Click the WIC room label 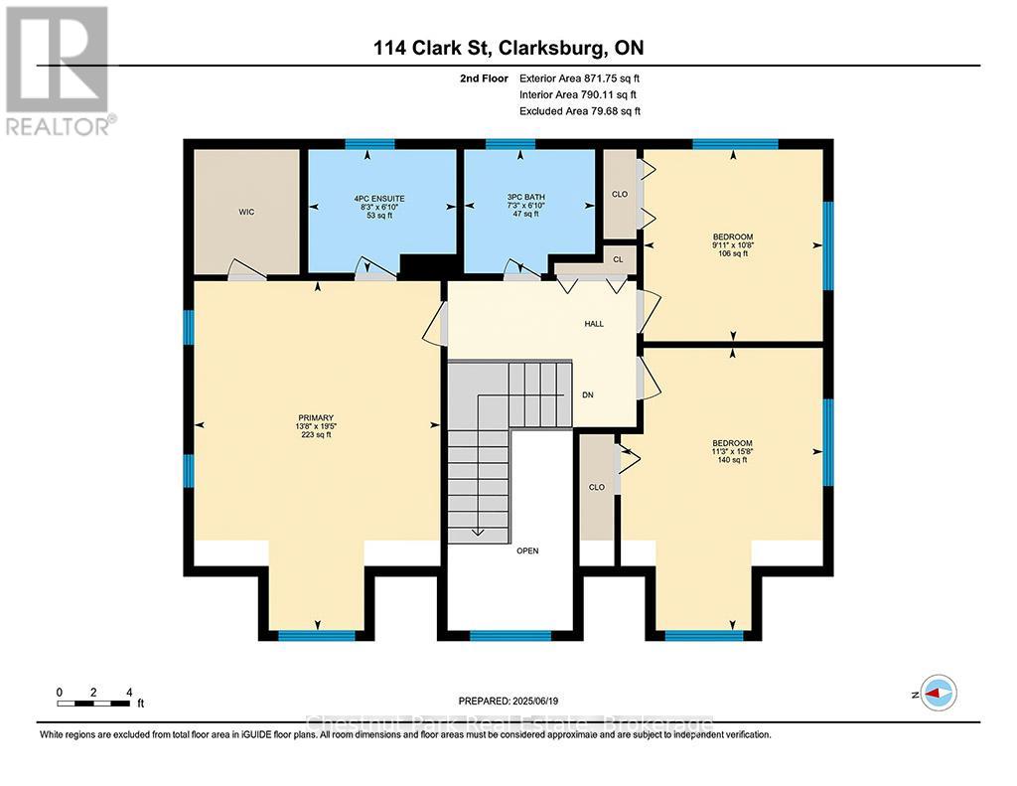pyautogui.click(x=246, y=213)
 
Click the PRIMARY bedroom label pyautogui.click(x=316, y=417)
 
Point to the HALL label pyautogui.click(x=594, y=324)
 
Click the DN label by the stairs pyautogui.click(x=588, y=394)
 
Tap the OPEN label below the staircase pyautogui.click(x=526, y=550)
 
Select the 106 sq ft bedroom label pyautogui.click(x=732, y=236)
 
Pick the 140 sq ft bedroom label pyautogui.click(x=732, y=443)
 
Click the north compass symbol pyautogui.click(x=937, y=694)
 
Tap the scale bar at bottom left pyautogui.click(x=94, y=704)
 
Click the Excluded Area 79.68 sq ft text pyautogui.click(x=580, y=111)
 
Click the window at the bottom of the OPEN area pyautogui.click(x=509, y=635)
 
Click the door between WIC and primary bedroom pyautogui.click(x=247, y=273)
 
